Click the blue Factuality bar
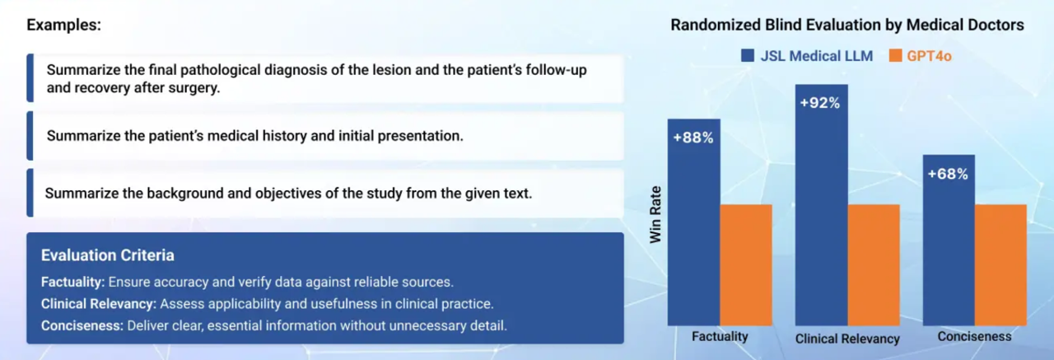[693, 222]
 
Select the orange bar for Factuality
[746, 265]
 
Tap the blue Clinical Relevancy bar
[822, 204]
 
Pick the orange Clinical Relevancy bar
[874, 265]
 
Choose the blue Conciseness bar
[949, 240]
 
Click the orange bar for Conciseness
[1000, 265]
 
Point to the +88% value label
[693, 138]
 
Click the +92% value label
[819, 103]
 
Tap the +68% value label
[948, 174]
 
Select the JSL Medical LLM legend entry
[806, 56]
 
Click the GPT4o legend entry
[920, 56]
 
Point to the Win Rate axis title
[655, 214]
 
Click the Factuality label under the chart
[720, 336]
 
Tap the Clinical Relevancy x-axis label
[847, 339]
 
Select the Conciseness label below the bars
[974, 336]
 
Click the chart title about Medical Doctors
[847, 25]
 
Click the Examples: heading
[64, 25]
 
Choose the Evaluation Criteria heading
[108, 255]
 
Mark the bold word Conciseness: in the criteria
[82, 325]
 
